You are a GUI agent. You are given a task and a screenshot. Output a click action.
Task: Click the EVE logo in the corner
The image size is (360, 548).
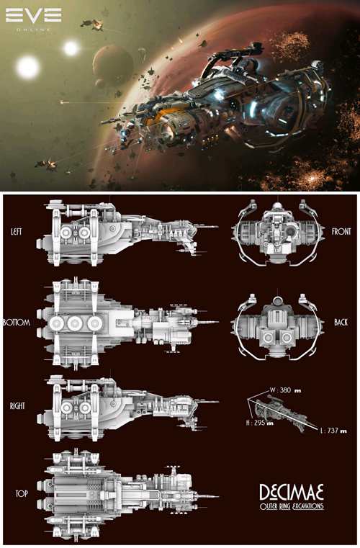pos(34,19)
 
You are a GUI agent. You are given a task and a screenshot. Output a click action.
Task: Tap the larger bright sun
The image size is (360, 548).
pos(28,68)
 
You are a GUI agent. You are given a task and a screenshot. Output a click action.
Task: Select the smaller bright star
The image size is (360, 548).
pos(71,48)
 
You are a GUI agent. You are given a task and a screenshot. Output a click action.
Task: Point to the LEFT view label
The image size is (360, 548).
pos(17,231)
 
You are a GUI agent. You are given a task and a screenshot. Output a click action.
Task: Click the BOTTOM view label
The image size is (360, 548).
pos(17,322)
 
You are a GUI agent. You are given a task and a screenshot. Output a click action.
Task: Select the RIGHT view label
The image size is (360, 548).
pos(17,405)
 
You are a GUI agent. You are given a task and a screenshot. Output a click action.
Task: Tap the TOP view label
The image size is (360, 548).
pos(22,493)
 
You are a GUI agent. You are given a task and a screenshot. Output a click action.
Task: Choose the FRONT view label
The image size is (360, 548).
pos(341,231)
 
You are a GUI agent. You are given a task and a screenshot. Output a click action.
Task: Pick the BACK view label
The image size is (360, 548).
pos(341,322)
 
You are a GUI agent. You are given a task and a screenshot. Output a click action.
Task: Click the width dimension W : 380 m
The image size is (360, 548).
pos(285,390)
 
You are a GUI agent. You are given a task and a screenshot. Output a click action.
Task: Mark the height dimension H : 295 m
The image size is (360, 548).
pos(260,423)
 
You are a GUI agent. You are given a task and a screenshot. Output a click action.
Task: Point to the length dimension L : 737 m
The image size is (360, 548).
pos(333,431)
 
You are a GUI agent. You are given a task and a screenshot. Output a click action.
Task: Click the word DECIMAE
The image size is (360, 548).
pos(292,493)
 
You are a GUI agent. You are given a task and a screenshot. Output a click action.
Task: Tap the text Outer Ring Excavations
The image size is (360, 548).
pos(292,506)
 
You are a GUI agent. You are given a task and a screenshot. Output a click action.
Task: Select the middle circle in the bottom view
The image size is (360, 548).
pos(75,323)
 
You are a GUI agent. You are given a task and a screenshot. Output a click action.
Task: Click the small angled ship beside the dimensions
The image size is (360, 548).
pos(279,413)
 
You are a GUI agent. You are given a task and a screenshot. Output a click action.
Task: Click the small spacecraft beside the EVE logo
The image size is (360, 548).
pos(92,24)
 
